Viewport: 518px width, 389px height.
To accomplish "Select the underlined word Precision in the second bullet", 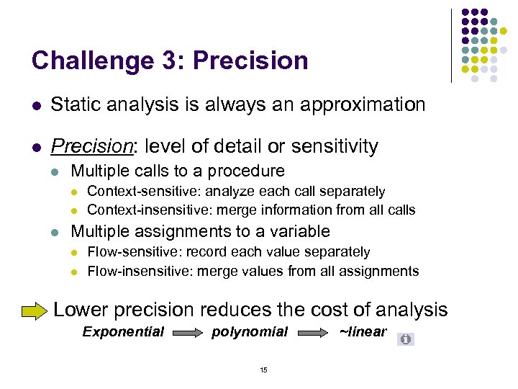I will click(x=93, y=147).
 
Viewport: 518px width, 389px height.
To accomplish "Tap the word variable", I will click(x=296, y=232).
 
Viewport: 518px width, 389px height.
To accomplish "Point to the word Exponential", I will click(x=123, y=332).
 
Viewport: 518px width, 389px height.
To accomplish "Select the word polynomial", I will click(x=249, y=332).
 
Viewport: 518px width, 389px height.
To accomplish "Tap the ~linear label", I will click(x=363, y=332).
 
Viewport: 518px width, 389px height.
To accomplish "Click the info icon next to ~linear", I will click(x=406, y=339).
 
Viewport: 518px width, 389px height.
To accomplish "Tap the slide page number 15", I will click(x=263, y=370).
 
